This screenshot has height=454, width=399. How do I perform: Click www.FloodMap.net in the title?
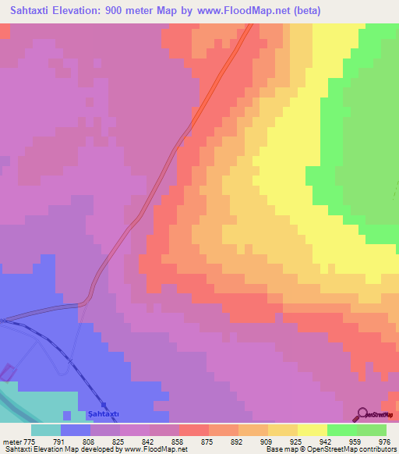pyautogui.click(x=248, y=11)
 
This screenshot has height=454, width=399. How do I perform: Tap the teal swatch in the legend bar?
pyautogui.click(x=46, y=430)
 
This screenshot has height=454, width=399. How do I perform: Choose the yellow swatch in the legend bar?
pyautogui.click(x=312, y=430)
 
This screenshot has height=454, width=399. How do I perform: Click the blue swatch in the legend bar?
pyautogui.click(x=76, y=430)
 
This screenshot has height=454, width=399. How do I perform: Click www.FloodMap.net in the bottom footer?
pyautogui.click(x=160, y=449)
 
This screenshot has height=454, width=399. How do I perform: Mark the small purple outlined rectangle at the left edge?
pyautogui.click(x=7, y=373)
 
